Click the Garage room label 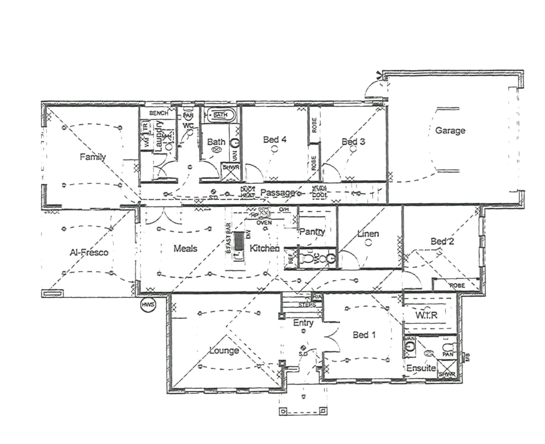450,131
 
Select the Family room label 93,157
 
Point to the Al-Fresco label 89,252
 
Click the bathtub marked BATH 220,115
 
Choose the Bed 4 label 275,140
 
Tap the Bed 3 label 353,142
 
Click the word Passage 277,192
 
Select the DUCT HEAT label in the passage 248,192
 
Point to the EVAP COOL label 319,192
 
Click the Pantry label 312,232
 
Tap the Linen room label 368,234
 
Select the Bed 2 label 442,241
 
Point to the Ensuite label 421,368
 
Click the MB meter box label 467,357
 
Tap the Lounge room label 224,351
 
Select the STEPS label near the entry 307,305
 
